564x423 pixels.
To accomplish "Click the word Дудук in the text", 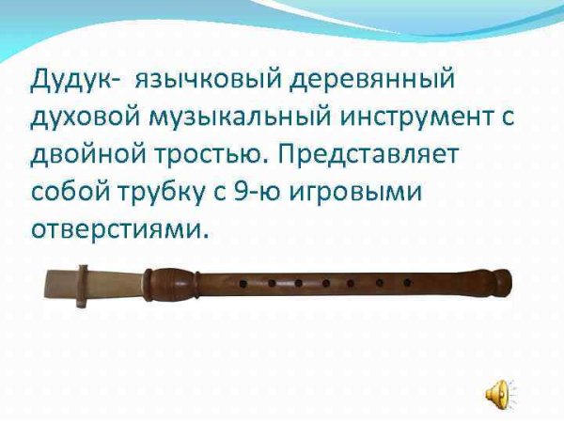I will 74,80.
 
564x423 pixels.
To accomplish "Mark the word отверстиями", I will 117,229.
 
